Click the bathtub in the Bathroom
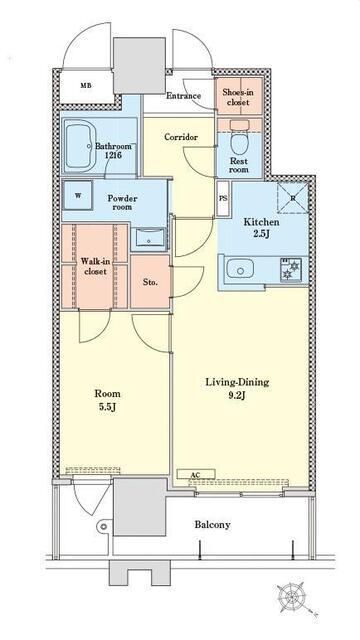(x=81, y=145)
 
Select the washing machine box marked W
(x=77, y=195)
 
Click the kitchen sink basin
(x=240, y=269)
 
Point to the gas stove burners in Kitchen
(x=291, y=269)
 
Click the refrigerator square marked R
(x=293, y=198)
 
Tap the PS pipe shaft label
(x=223, y=198)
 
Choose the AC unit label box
(x=196, y=474)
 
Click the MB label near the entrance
(x=85, y=85)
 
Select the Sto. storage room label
(x=150, y=282)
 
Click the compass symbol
(x=293, y=598)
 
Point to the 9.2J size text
(x=237, y=395)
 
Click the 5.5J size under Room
(x=107, y=407)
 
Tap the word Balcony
(x=212, y=524)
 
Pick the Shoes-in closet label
(x=238, y=98)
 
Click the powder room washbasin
(x=149, y=237)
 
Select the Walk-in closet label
(x=93, y=266)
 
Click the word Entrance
(x=184, y=96)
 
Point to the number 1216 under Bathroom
(x=113, y=155)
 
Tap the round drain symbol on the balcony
(x=104, y=527)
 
